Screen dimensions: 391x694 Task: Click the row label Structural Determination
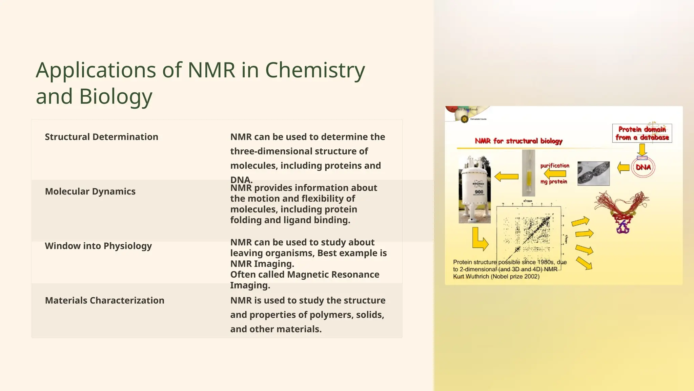pos(101,137)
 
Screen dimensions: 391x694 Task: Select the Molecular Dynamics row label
pos(90,191)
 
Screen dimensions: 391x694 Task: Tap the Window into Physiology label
pos(98,246)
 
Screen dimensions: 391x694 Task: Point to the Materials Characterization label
pos(104,300)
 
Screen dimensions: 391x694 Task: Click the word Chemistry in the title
pos(315,70)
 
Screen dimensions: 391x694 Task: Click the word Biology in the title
pos(116,96)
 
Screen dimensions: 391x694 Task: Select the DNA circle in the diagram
pos(643,167)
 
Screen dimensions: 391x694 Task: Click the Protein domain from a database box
pos(642,133)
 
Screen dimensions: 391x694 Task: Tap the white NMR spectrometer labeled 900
pos(475,190)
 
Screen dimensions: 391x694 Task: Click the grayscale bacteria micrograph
pos(593,173)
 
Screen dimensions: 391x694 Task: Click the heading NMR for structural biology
pos(518,141)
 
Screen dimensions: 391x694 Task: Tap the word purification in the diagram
pos(555,166)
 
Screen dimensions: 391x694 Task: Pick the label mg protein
pos(554,182)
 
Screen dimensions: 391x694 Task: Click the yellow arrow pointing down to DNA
pos(642,149)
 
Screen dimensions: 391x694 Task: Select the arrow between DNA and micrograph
pos(623,167)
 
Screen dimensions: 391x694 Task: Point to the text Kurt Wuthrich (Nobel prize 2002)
pos(496,277)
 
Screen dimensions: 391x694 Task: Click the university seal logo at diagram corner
pos(464,119)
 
